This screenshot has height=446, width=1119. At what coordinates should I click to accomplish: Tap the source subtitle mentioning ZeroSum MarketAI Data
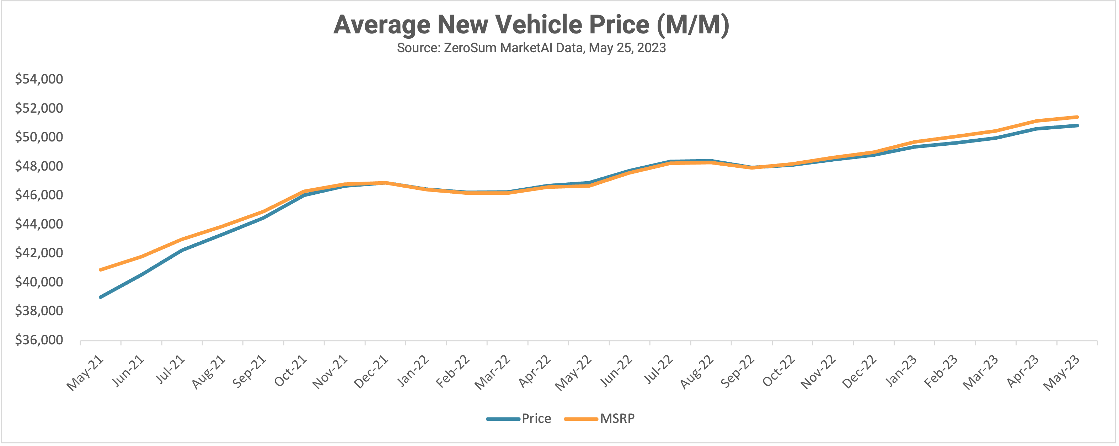531,48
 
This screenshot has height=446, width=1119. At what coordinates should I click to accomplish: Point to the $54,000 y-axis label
39,79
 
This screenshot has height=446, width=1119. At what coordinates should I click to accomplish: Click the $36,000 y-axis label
39,340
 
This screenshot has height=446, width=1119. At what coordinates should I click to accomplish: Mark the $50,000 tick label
39,137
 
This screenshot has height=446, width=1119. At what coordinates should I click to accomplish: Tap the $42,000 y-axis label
39,253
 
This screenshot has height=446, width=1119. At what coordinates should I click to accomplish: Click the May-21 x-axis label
85,372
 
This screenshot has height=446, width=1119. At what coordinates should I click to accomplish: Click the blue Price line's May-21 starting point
101,297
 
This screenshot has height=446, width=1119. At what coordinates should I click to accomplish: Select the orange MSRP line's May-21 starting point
101,270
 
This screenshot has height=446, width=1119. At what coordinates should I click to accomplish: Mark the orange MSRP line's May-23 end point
1077,117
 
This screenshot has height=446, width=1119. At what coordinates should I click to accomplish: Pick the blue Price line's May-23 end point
1077,125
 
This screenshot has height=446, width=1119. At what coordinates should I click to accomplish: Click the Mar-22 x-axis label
492,372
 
